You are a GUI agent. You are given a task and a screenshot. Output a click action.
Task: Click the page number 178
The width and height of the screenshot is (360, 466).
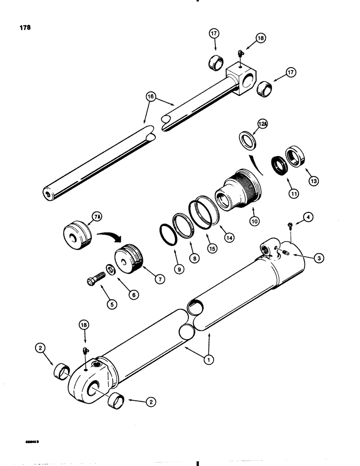(x=25, y=27)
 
